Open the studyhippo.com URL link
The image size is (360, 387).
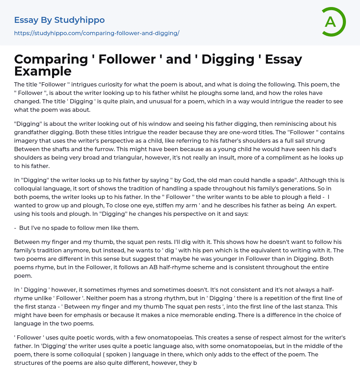97,33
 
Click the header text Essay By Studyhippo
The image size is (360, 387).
59,20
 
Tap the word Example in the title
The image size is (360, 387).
43,71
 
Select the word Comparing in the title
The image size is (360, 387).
51,59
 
